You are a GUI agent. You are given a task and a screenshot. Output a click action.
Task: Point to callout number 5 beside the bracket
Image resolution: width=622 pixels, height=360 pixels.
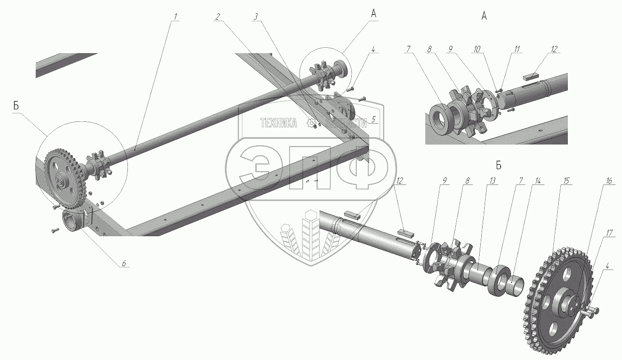(373, 119)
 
